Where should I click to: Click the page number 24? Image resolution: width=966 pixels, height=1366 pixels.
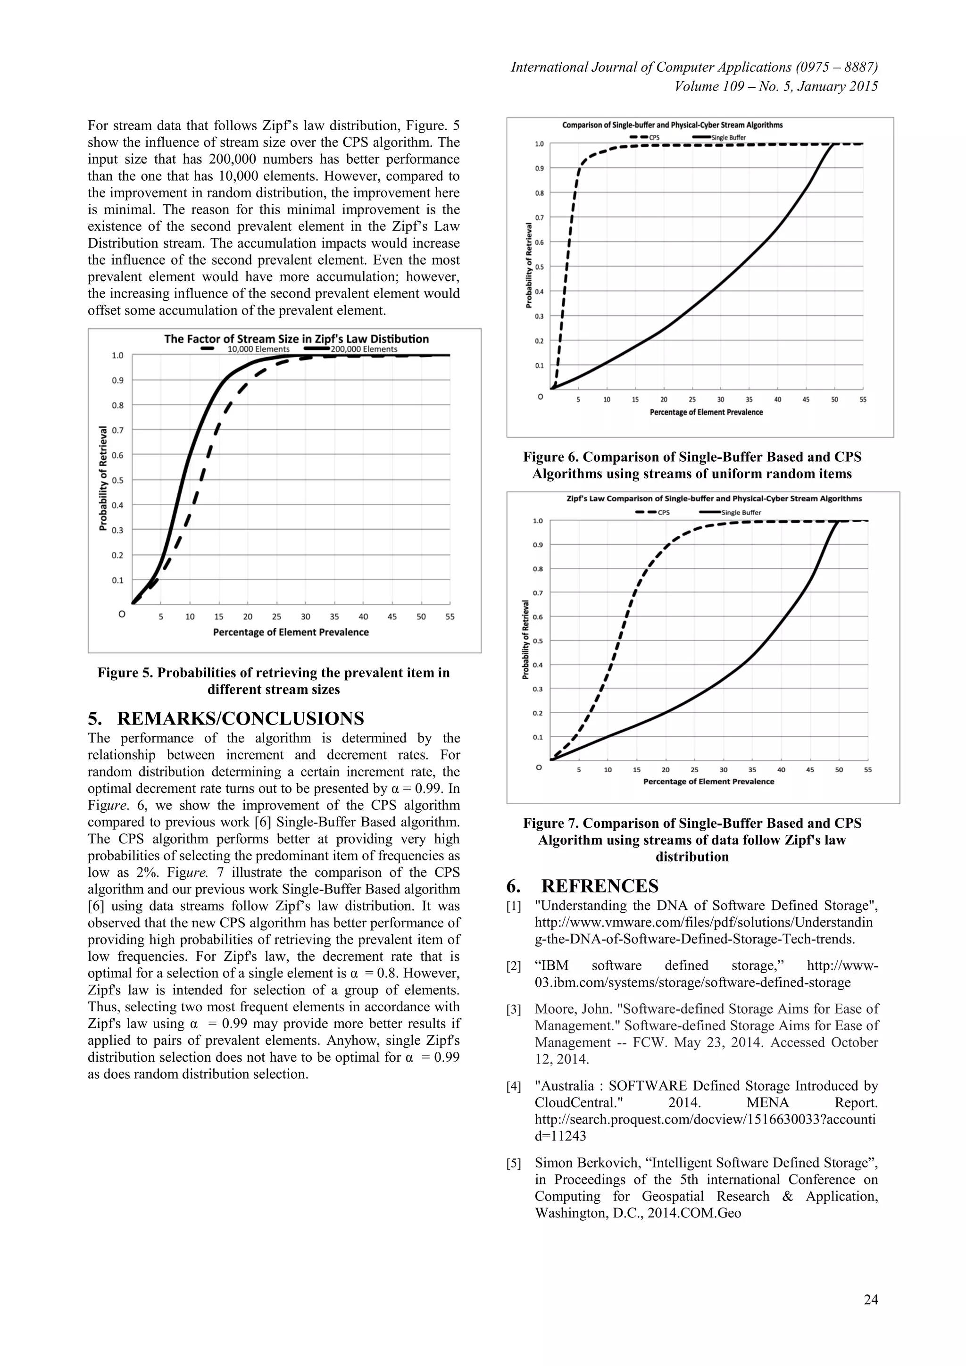[870, 1300]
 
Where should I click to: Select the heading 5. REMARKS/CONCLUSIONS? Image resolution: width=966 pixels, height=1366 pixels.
[225, 719]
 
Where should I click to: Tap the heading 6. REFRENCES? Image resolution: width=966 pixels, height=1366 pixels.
[583, 886]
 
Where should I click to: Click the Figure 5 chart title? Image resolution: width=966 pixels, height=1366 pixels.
[296, 339]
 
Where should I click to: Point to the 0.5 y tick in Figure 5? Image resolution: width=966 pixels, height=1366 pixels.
[117, 480]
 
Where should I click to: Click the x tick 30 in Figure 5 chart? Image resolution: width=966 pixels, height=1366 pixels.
[305, 617]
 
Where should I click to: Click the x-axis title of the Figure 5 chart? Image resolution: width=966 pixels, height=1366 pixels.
[291, 633]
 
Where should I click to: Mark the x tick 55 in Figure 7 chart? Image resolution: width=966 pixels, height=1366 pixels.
[868, 770]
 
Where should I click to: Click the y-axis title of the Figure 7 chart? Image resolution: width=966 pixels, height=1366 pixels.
[526, 640]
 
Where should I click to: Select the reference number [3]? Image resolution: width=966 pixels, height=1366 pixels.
[514, 1009]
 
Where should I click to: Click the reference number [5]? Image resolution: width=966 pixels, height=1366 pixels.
[514, 1164]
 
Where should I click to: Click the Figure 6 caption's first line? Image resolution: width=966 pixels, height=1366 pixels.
[692, 457]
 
